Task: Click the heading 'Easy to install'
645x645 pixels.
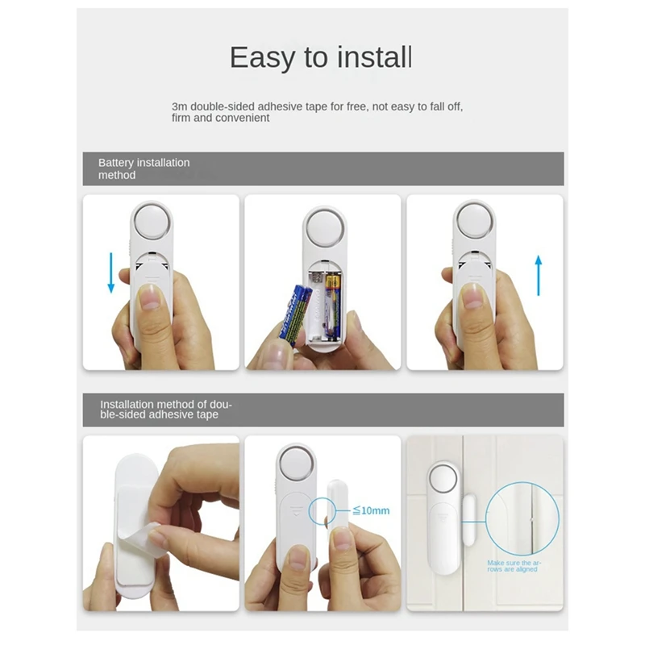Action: tap(321, 57)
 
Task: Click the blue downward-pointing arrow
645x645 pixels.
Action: tap(111, 273)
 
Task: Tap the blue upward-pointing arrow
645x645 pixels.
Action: tap(539, 276)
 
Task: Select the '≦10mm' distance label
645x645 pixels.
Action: tap(371, 510)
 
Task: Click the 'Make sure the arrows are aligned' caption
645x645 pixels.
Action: tap(514, 566)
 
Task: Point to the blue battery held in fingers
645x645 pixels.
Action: tap(295, 314)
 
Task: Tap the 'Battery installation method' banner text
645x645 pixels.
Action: tap(144, 169)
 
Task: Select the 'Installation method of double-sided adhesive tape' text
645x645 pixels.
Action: tap(166, 410)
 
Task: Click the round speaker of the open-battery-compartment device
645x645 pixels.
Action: tap(325, 228)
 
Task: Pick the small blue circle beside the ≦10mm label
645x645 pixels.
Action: tap(322, 510)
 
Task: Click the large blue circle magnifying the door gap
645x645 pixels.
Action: tap(522, 519)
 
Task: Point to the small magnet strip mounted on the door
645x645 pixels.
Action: tap(469, 520)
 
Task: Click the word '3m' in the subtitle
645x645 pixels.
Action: tap(179, 106)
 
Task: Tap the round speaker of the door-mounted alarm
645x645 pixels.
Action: tap(443, 479)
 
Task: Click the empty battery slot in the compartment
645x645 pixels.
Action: tap(317, 306)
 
